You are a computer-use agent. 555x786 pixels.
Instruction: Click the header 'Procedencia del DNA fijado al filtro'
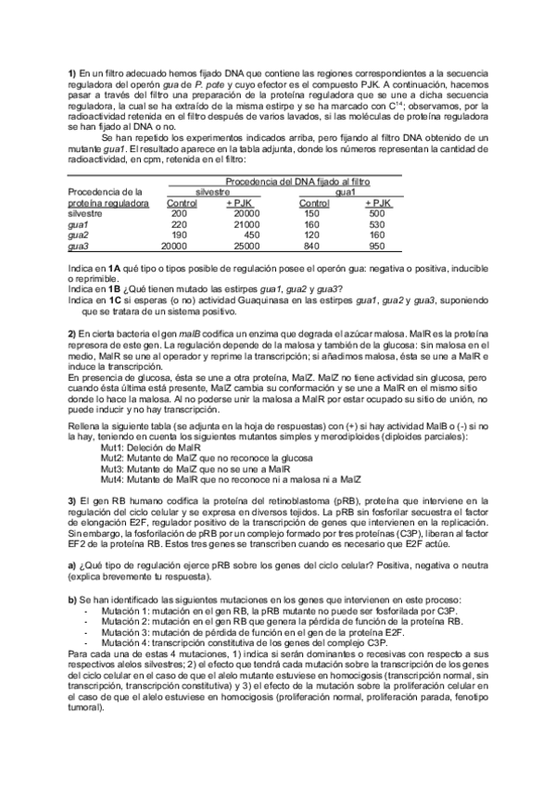coord(296,182)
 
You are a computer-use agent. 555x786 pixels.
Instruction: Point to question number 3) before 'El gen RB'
coord(72,499)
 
